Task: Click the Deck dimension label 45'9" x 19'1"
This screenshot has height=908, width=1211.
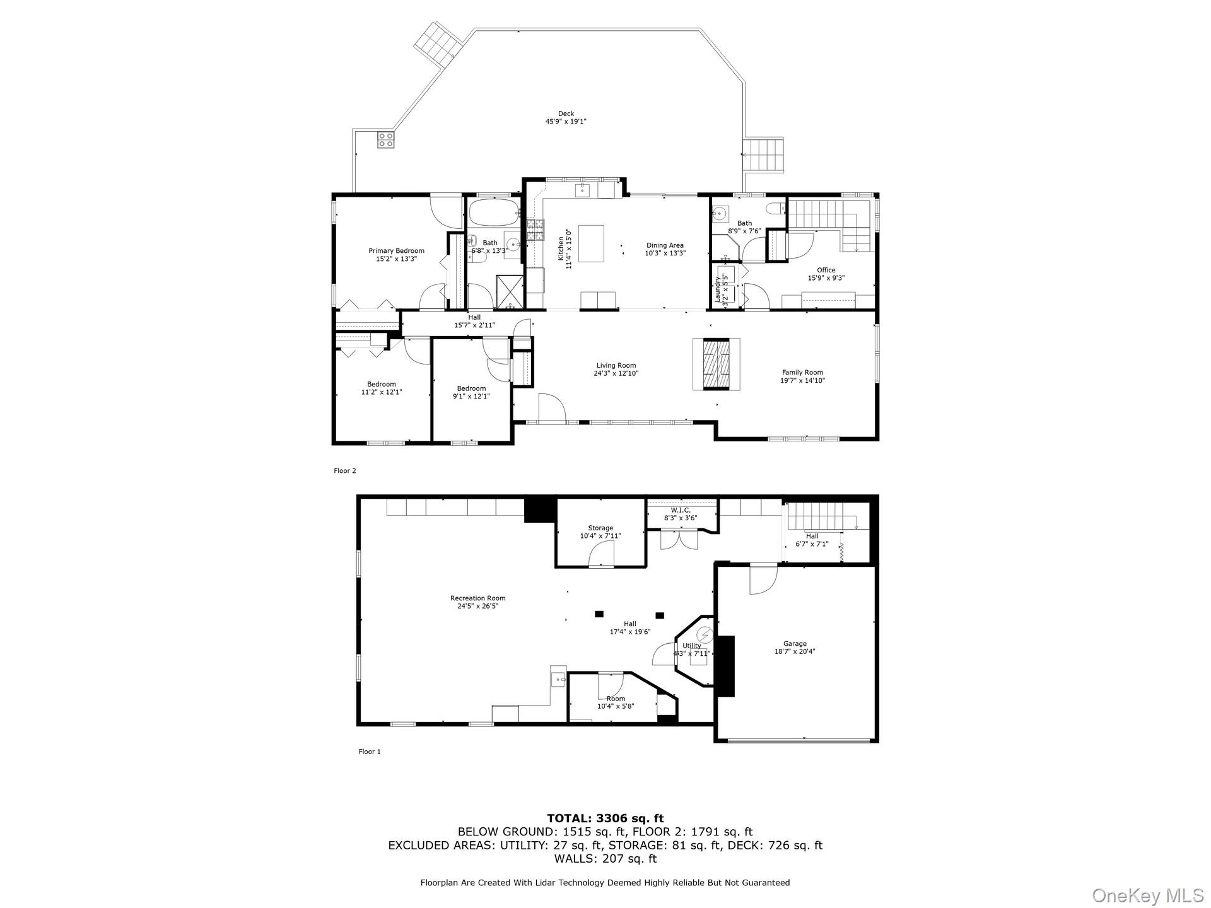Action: point(566,122)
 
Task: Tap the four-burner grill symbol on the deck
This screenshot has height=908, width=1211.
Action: point(386,140)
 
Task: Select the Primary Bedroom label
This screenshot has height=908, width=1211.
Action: point(396,255)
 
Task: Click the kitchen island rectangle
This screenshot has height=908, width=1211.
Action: point(591,243)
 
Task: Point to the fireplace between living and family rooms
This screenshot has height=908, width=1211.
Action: point(716,364)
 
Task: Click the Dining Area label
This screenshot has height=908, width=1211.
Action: point(665,249)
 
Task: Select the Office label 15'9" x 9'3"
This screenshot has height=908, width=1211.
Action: point(826,274)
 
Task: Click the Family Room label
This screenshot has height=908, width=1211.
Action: point(802,376)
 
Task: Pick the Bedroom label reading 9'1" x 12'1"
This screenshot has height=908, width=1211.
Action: point(471,392)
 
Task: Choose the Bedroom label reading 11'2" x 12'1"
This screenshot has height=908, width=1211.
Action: point(381,388)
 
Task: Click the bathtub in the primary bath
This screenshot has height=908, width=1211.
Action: point(494,213)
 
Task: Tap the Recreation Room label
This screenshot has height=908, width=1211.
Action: point(477,602)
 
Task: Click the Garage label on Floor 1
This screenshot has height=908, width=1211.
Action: point(795,648)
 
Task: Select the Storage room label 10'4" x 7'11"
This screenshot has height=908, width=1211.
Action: point(600,532)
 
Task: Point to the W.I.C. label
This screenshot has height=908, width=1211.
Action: point(680,514)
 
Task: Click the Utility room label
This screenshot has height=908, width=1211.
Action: point(691,649)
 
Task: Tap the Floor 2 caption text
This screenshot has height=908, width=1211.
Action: point(345,470)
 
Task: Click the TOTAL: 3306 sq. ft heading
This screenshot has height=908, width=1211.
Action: point(605,818)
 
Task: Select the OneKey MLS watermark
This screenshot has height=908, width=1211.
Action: point(1147,895)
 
